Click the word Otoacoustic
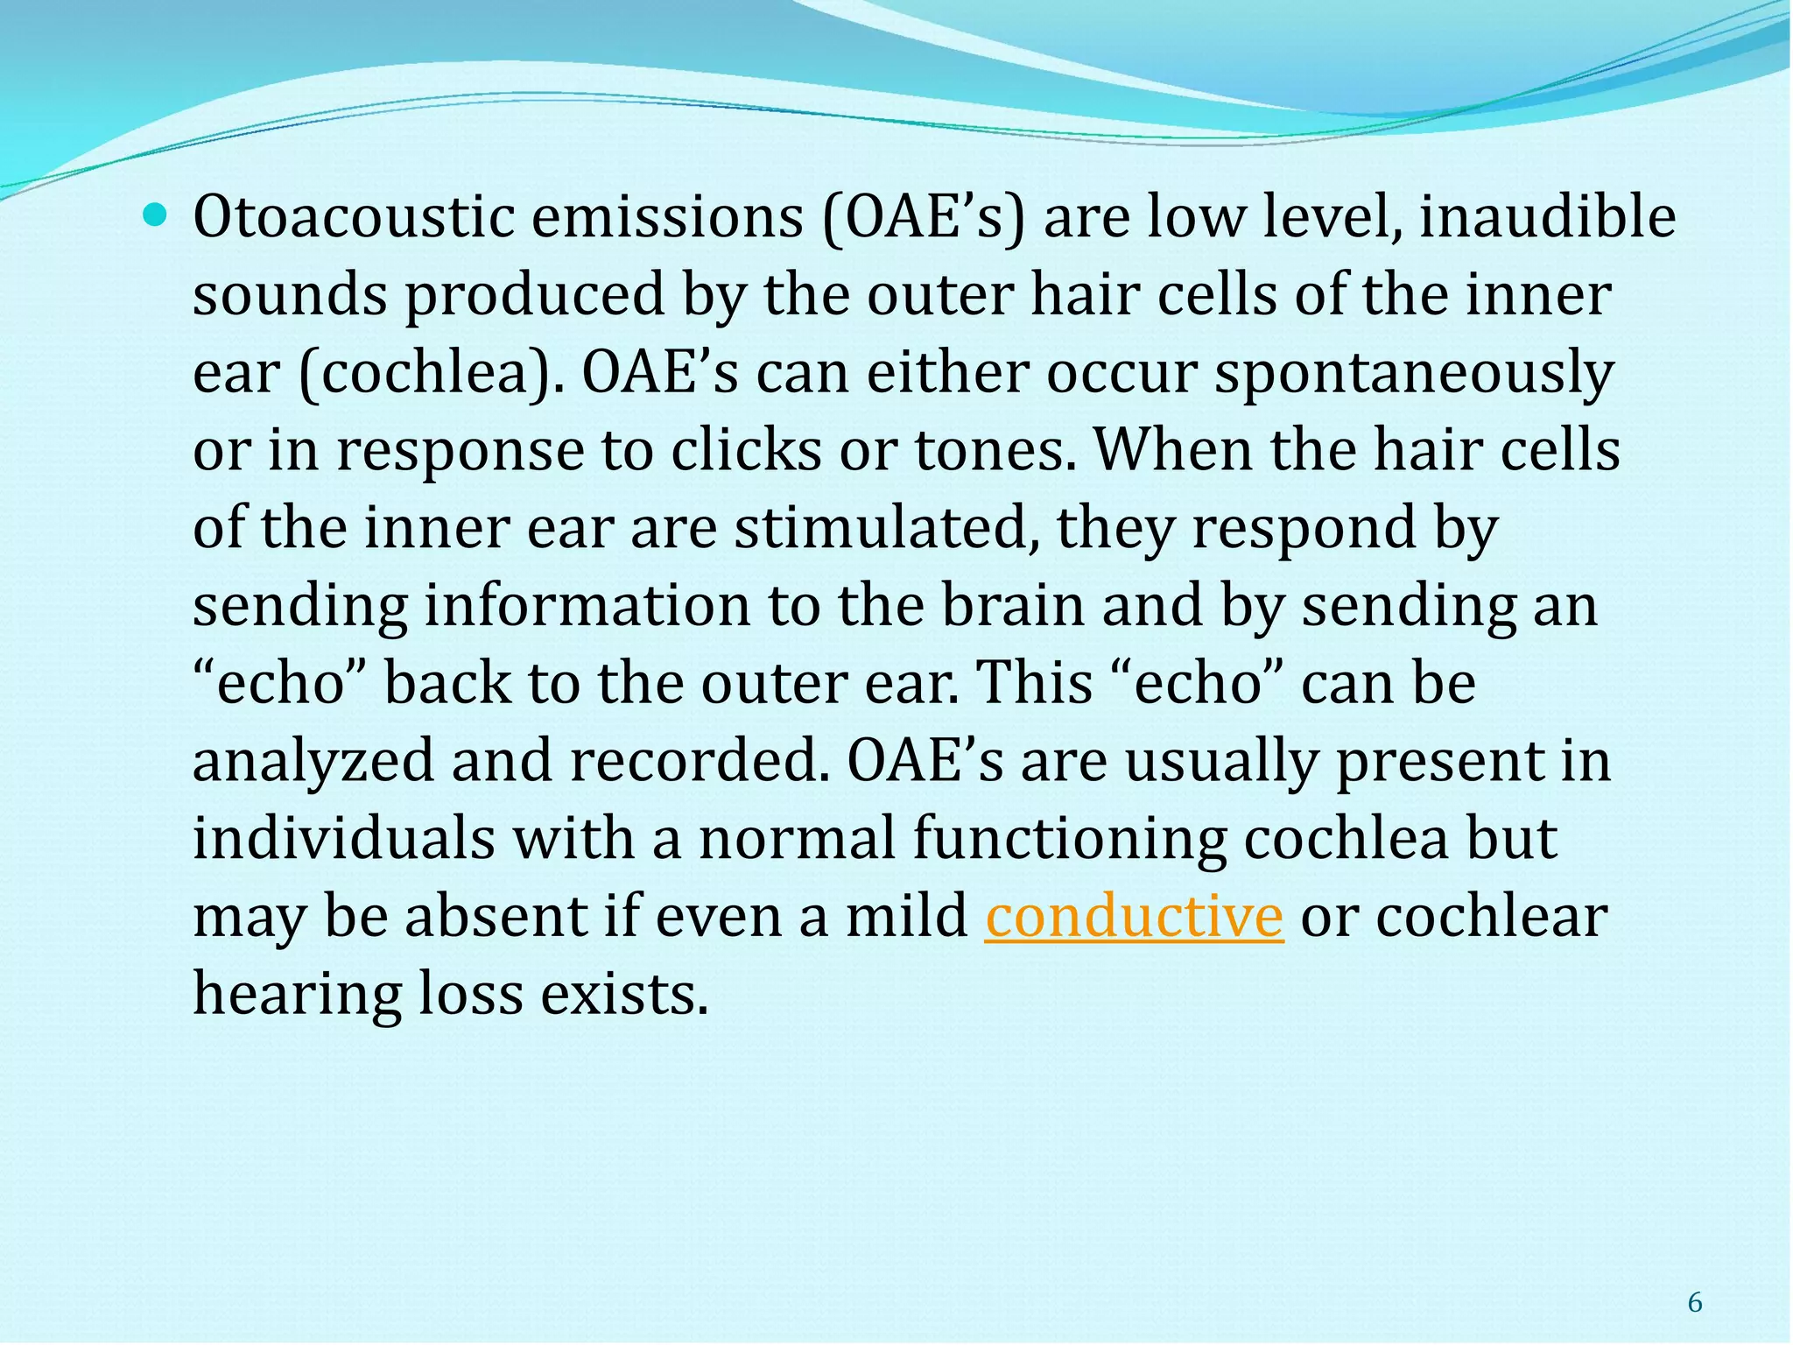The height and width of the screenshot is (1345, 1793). coord(353,217)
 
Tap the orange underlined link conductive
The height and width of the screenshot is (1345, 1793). coord(1134,917)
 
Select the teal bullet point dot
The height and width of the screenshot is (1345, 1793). coord(158,213)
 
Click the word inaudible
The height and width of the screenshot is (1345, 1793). coord(1547,217)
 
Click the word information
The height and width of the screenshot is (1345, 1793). coord(587,606)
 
